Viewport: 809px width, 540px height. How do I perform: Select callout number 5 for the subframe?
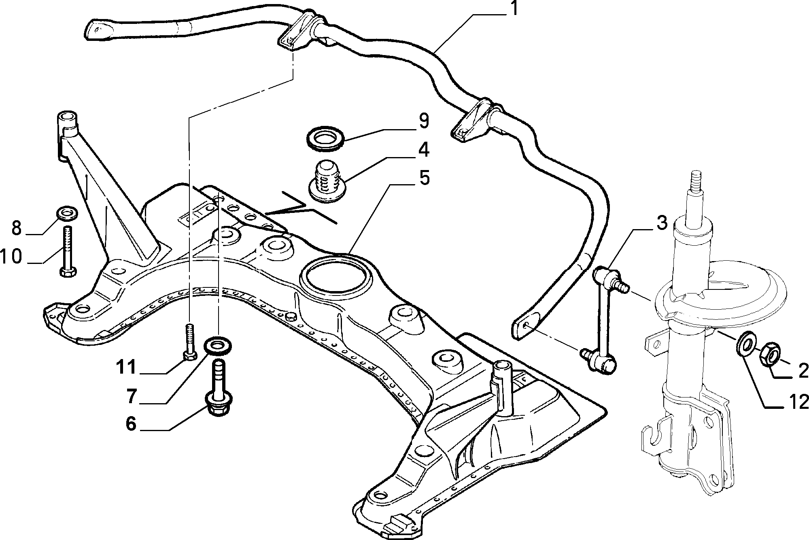click(x=424, y=178)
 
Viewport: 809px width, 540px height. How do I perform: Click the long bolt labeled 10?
click(x=67, y=251)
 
